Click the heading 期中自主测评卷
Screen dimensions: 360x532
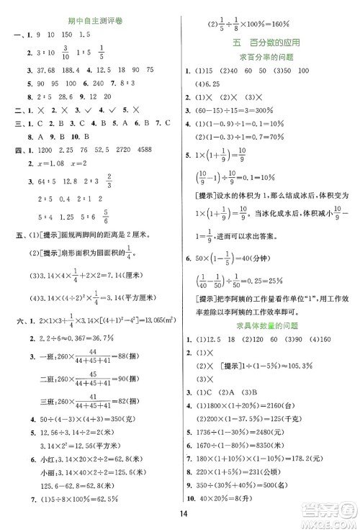(90, 22)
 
